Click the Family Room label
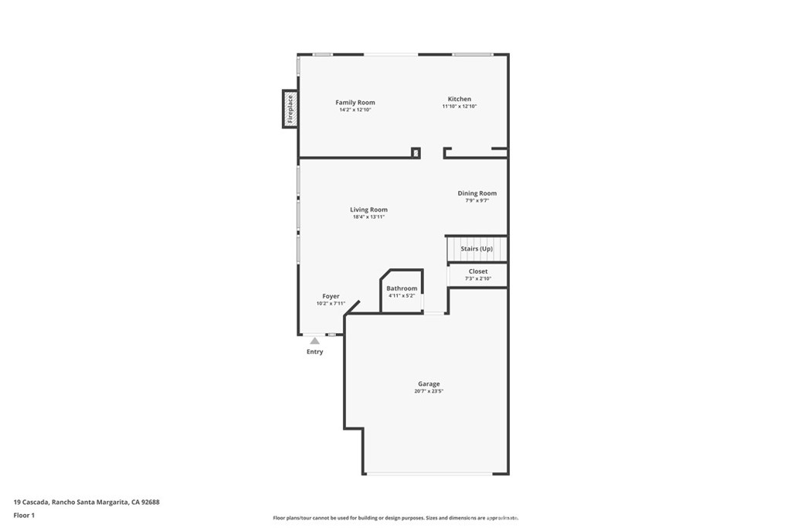tap(355, 103)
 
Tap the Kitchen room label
tap(460, 99)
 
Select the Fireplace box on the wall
tap(290, 109)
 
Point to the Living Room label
tap(368, 209)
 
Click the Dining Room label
tap(477, 193)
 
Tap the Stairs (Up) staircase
tap(477, 249)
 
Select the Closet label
tap(478, 271)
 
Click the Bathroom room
tap(402, 291)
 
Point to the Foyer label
tap(331, 296)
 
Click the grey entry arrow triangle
tap(315, 341)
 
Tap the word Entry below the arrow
tap(315, 352)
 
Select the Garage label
tap(429, 384)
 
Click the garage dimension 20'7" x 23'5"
tap(429, 391)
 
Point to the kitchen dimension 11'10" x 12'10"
tap(460, 107)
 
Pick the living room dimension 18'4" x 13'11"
tap(368, 217)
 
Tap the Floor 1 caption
tap(24, 516)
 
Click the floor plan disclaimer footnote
tap(396, 518)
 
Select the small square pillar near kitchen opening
tap(416, 152)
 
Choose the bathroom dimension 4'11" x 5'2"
tap(402, 296)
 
